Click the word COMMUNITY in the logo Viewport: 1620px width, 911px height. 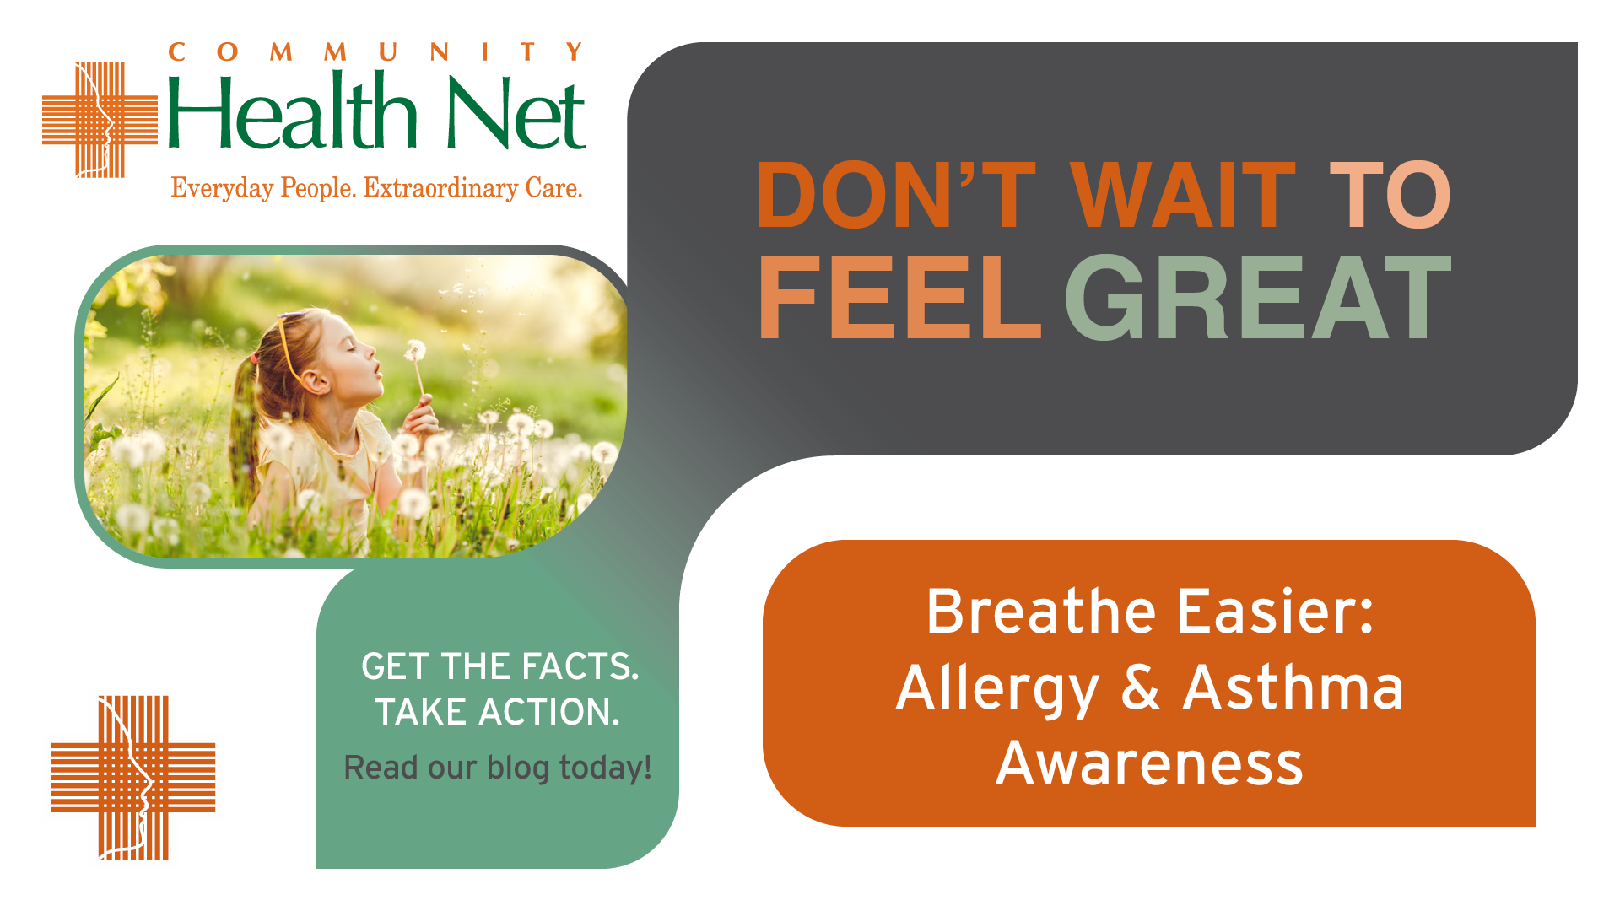(x=376, y=52)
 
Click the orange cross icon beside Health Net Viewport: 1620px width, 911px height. (x=100, y=120)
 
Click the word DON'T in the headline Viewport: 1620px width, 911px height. (x=896, y=195)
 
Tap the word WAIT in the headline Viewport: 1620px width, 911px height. (x=1183, y=195)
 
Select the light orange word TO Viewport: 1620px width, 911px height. (x=1390, y=195)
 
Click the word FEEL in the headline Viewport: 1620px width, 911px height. (x=899, y=298)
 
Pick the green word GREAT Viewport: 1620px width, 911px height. (x=1257, y=298)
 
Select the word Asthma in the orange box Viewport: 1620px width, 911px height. (x=1293, y=687)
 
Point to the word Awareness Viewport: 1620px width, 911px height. (x=1149, y=763)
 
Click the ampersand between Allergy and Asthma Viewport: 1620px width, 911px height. (x=1141, y=687)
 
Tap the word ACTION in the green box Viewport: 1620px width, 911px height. (x=548, y=712)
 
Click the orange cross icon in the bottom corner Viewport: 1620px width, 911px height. (x=133, y=778)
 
